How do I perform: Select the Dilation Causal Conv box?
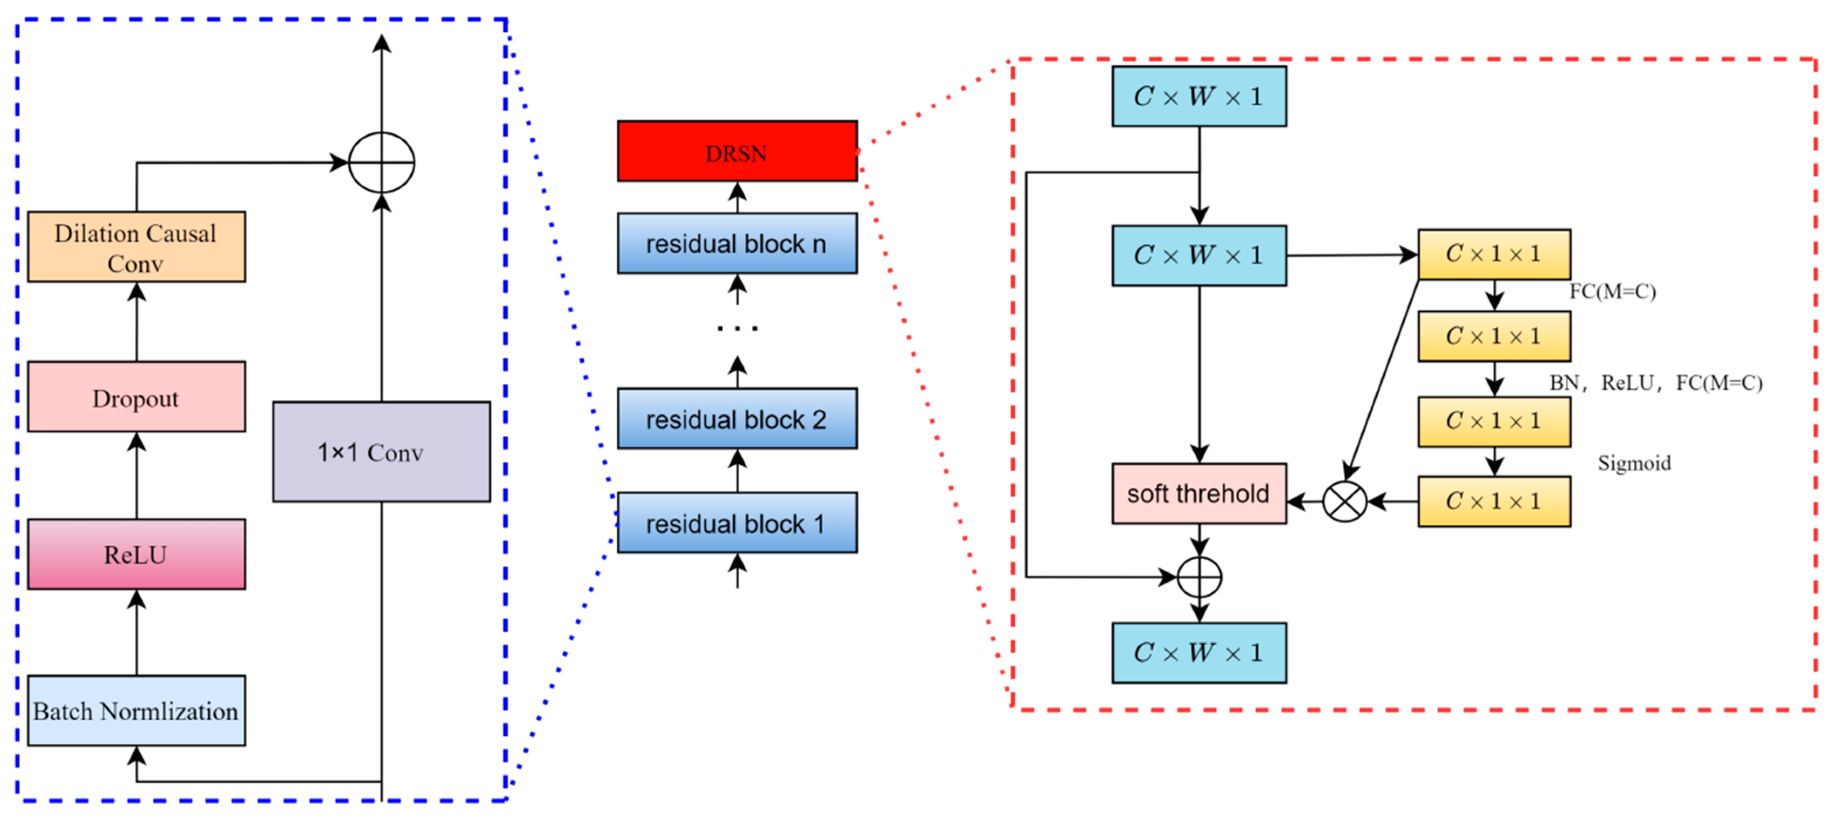136,247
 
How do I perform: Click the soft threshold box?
1198,493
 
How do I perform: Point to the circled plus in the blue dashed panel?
382,163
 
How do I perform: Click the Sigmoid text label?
1633,463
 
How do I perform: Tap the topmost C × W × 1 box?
1198,97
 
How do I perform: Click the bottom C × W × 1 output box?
1198,653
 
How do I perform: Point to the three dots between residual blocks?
737,328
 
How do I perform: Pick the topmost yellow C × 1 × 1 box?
1494,254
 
